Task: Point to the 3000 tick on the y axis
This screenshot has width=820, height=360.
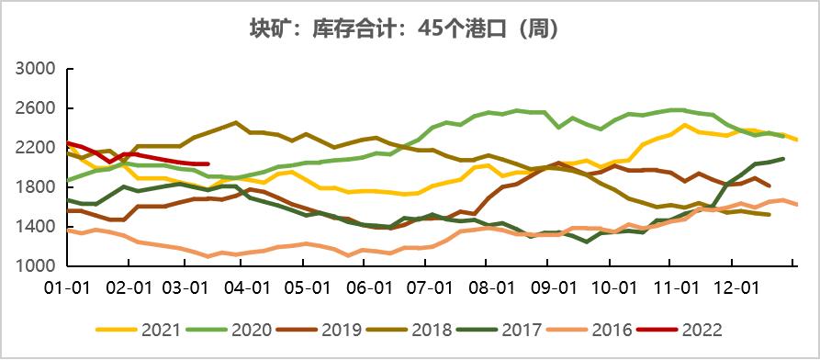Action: [x=37, y=70]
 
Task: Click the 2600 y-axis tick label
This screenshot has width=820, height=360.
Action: [x=37, y=109]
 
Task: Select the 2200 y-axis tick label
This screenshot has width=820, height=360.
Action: [x=37, y=148]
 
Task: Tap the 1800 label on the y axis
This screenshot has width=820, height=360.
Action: [x=37, y=187]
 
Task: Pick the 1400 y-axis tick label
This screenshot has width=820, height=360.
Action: [x=37, y=227]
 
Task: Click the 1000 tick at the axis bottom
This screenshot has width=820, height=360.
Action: [x=37, y=266]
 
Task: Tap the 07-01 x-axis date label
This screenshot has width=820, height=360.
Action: [x=430, y=287]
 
